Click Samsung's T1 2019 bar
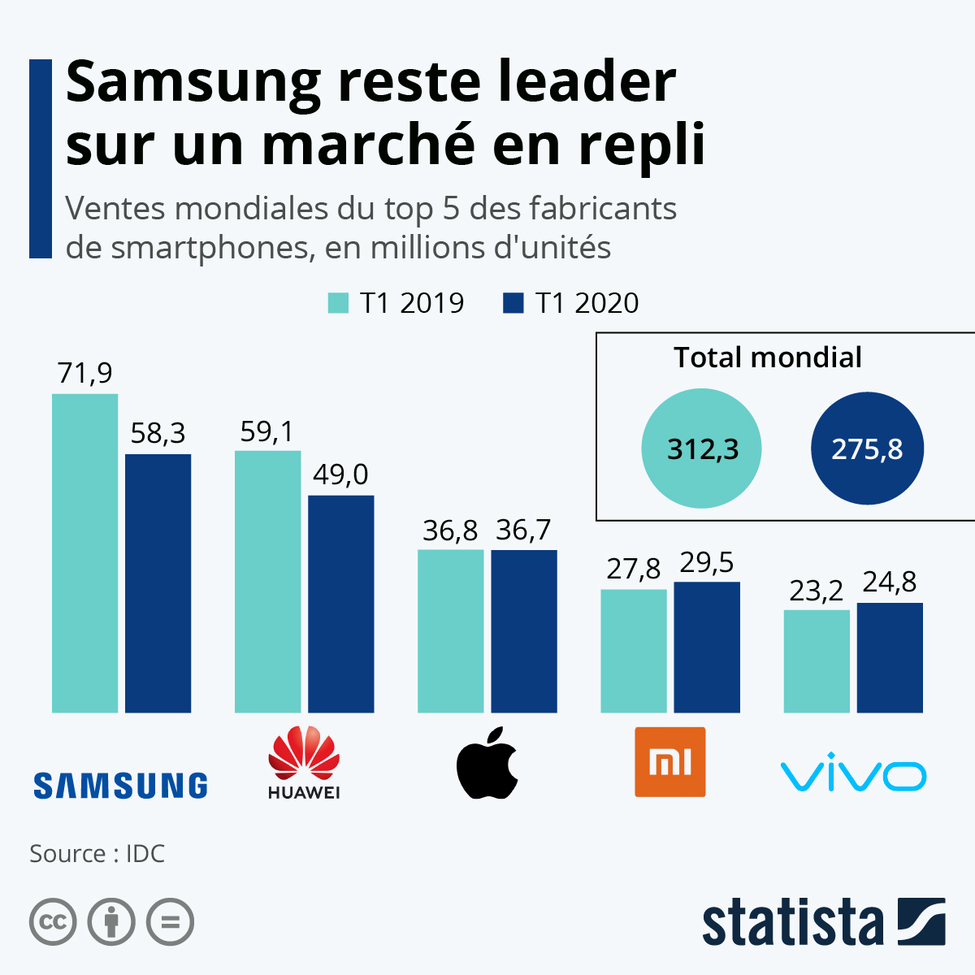[84, 552]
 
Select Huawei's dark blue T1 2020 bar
[341, 604]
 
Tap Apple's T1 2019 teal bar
[450, 631]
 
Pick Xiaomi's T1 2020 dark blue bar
[707, 647]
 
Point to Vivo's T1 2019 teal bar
[817, 661]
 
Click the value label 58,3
[158, 434]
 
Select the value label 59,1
[267, 431]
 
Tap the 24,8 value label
[890, 582]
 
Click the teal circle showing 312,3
[701, 448]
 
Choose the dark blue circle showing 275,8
[867, 448]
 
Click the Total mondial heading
[768, 357]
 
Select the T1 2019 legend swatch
[338, 303]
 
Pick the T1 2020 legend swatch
[513, 303]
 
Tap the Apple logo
[487, 764]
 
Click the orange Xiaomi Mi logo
[670, 762]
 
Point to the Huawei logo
[304, 762]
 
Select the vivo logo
[853, 776]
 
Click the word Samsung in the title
[193, 82]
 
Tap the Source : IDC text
[97, 854]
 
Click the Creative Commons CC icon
[53, 922]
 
